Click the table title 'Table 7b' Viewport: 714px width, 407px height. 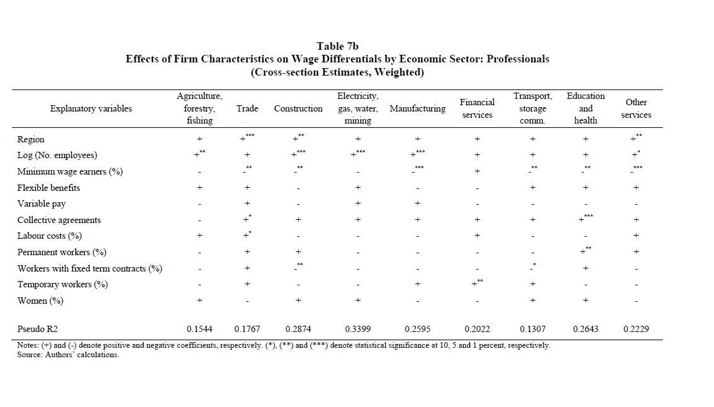337,46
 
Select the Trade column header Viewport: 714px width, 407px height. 247,108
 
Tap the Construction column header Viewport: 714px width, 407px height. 298,108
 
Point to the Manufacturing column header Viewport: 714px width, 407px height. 417,108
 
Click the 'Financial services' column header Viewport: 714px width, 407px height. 477,108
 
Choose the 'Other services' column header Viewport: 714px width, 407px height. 636,108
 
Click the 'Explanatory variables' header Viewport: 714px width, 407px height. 91,108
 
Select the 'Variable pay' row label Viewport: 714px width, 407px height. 42,203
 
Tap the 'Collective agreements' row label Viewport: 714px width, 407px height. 59,220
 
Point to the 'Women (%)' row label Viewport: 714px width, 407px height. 40,301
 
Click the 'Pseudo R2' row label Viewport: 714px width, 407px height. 39,329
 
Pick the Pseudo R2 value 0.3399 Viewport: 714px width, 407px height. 358,329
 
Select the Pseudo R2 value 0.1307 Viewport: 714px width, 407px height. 533,329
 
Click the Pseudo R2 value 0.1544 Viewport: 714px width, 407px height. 199,329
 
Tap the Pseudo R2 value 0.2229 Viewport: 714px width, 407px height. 636,329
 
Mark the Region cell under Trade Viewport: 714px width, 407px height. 246,139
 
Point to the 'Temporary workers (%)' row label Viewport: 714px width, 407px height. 62,284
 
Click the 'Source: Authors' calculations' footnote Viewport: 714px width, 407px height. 68,355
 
